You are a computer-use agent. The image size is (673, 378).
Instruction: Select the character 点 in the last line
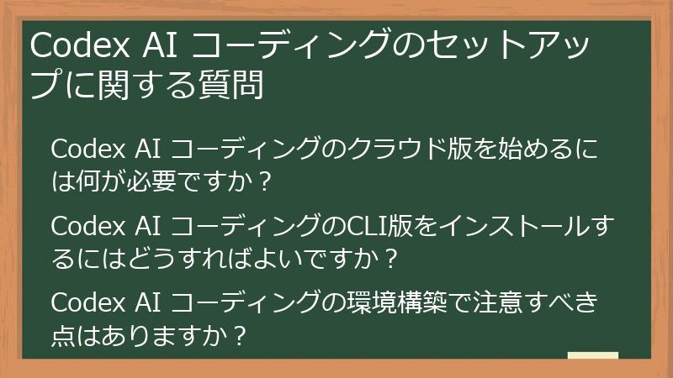pos(63,334)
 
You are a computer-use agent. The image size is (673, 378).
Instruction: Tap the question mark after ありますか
pos(239,334)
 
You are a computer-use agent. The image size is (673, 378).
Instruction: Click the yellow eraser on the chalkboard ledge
pos(592,355)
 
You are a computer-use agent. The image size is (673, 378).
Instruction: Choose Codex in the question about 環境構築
pos(86,302)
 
